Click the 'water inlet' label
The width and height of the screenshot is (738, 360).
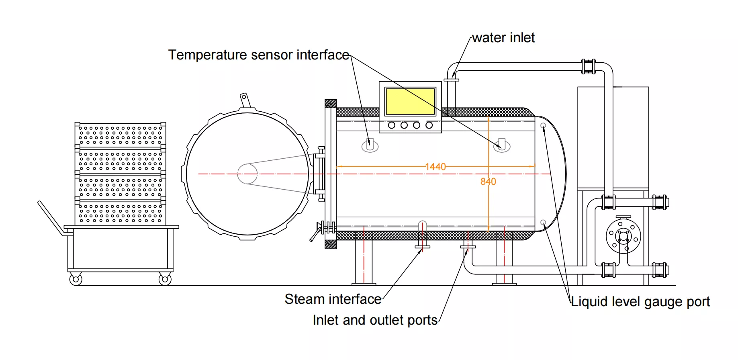click(503, 38)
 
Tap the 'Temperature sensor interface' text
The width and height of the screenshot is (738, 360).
click(259, 55)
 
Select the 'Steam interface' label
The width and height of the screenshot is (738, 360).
click(333, 299)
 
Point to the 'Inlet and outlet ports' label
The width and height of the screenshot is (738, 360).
click(375, 320)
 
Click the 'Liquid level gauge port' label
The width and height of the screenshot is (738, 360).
click(640, 302)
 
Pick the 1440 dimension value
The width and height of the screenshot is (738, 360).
click(435, 167)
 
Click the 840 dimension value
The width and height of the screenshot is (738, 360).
click(488, 182)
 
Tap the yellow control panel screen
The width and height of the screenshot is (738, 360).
click(410, 102)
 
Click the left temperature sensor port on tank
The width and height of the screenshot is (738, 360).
click(370, 145)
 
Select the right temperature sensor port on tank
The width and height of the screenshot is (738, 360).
click(502, 145)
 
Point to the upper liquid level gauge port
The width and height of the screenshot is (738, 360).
click(544, 126)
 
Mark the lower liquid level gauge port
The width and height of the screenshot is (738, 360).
click(543, 222)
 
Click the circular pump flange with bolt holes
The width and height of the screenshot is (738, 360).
click(623, 236)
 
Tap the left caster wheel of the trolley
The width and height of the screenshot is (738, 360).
click(76, 279)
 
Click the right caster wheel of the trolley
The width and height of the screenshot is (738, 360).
click(165, 279)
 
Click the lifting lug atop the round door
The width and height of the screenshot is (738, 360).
click(245, 100)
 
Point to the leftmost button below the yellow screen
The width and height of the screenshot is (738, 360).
click(392, 125)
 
